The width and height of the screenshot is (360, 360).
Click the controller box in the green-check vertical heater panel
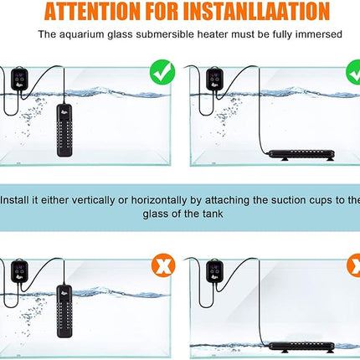(x=23, y=76)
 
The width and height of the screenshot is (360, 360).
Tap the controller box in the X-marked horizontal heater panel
(x=210, y=270)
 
